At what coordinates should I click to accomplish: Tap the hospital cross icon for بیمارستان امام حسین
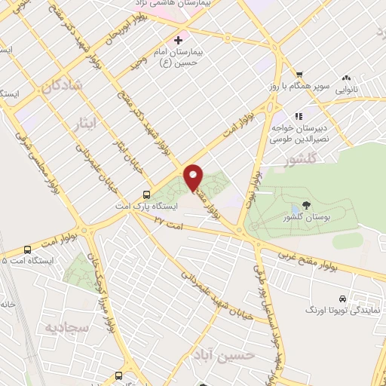(x=178, y=39)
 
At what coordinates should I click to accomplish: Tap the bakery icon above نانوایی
(x=347, y=78)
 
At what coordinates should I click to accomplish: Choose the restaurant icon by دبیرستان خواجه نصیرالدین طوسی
(x=299, y=116)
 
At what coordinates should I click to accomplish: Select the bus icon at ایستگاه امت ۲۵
(x=28, y=249)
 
